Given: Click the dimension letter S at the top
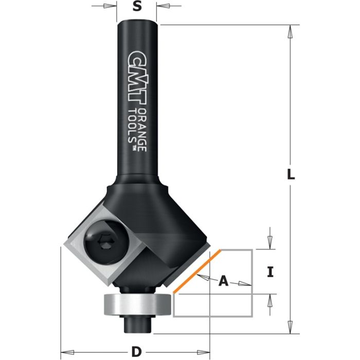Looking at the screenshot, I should (137, 7).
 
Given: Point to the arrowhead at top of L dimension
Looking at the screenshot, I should (291, 31).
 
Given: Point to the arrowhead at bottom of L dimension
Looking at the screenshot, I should (291, 327).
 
